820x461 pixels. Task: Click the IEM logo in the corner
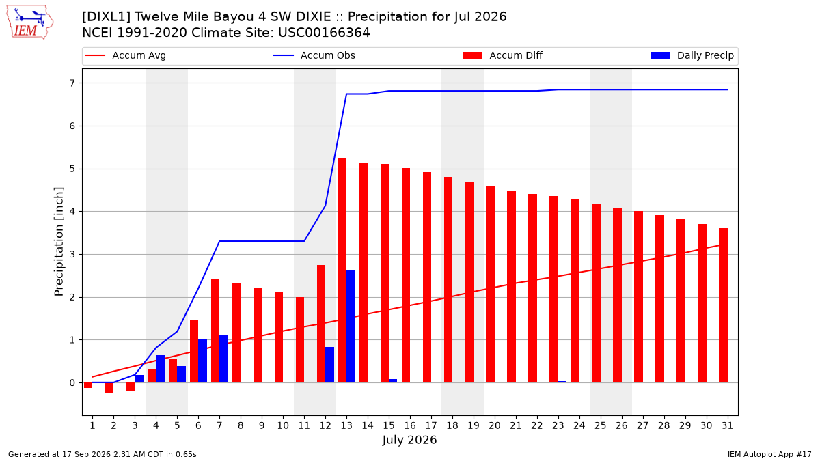[30, 23]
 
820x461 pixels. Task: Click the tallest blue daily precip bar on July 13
[351, 326]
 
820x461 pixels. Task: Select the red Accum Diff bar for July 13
[342, 270]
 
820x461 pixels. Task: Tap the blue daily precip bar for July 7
[223, 359]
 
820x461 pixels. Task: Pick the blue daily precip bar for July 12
[329, 365]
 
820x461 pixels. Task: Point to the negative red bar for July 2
[109, 388]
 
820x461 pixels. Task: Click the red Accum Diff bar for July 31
[724, 305]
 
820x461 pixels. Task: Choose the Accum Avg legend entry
[126, 55]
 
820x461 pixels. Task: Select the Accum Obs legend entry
[314, 55]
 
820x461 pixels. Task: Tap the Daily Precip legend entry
[692, 55]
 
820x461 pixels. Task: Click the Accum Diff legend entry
[503, 55]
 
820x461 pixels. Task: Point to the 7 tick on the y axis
[72, 83]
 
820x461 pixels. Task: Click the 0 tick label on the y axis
[72, 382]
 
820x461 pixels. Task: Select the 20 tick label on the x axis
[495, 425]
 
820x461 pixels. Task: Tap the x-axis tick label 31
[727, 425]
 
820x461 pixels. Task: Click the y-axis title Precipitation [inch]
[59, 242]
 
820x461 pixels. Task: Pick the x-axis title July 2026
[409, 440]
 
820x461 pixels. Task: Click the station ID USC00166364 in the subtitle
[324, 33]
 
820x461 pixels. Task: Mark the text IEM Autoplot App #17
[769, 454]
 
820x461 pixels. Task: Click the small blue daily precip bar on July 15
[393, 381]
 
